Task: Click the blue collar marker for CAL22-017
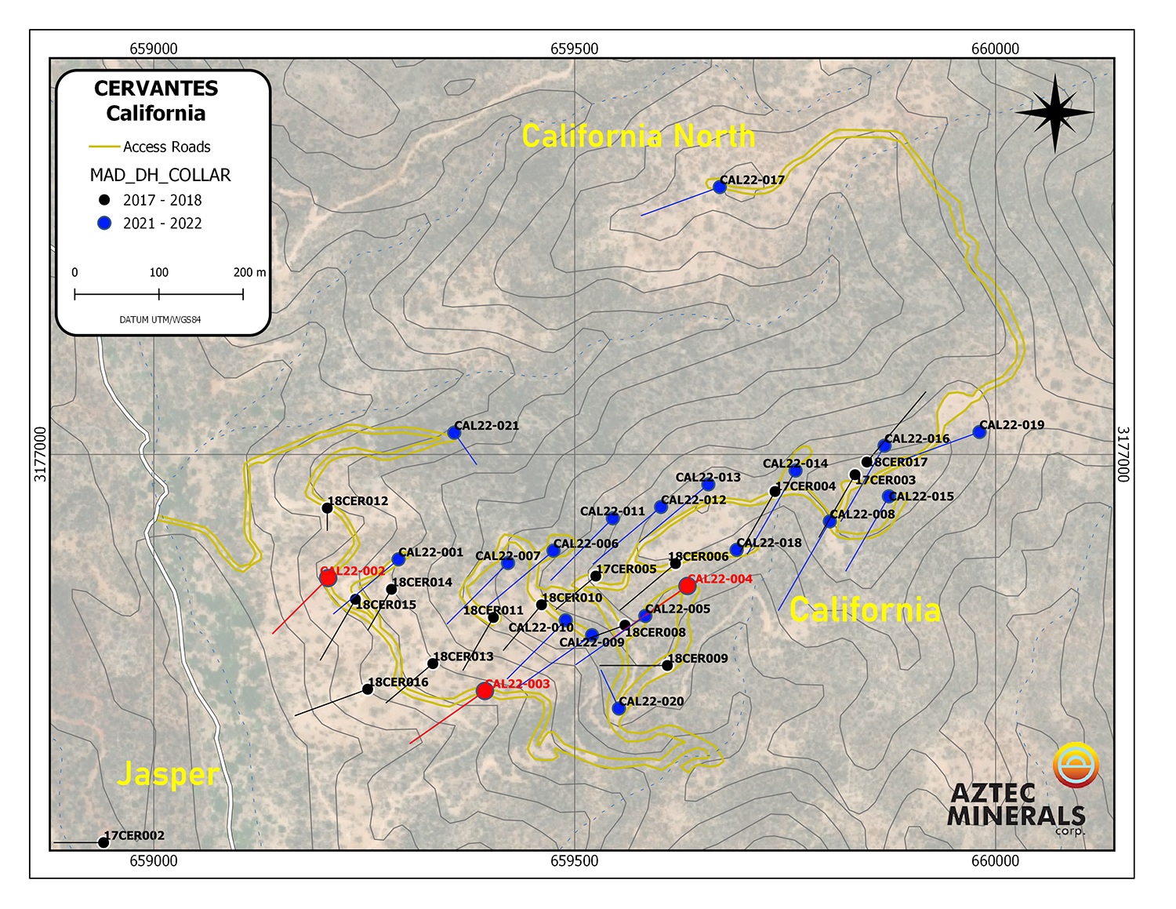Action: click(719, 187)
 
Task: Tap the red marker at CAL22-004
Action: click(688, 586)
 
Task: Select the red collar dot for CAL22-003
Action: click(485, 690)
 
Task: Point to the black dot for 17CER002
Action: click(103, 842)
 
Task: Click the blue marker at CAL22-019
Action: click(979, 431)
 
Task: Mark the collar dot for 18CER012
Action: click(328, 508)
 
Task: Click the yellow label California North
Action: click(638, 136)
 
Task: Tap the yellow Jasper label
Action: click(168, 774)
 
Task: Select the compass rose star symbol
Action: click(1054, 113)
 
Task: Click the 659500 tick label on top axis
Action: click(574, 49)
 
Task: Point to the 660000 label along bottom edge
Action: click(995, 860)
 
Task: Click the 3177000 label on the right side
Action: click(1123, 454)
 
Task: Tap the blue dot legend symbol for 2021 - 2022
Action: click(104, 223)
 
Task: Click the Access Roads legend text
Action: click(166, 147)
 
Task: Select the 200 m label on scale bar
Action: click(249, 272)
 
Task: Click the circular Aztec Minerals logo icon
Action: click(1076, 765)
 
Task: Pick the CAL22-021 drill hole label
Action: click(486, 426)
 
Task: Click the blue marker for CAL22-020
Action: click(619, 708)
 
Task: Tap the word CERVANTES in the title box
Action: click(156, 89)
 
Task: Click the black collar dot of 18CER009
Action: click(667, 665)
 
